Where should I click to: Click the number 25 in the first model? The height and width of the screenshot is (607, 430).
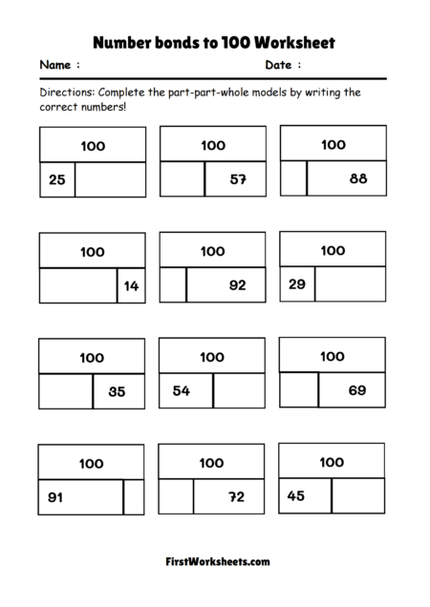click(56, 179)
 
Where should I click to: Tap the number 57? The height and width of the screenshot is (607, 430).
click(238, 179)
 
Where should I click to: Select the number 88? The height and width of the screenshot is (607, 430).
click(358, 178)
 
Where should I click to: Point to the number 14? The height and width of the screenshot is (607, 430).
click(132, 285)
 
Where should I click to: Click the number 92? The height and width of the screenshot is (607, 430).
click(238, 284)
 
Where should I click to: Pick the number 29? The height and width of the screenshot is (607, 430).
click(296, 283)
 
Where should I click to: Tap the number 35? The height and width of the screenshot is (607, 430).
click(117, 390)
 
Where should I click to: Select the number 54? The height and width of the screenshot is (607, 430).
click(181, 390)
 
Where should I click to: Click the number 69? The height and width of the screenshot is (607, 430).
click(357, 389)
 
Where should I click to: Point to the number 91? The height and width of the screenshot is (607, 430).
click(56, 496)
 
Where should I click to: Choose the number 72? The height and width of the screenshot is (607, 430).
click(238, 496)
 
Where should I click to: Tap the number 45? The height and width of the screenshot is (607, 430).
click(296, 494)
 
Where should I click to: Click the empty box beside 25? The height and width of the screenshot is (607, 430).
click(110, 179)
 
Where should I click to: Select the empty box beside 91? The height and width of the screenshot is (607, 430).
click(134, 496)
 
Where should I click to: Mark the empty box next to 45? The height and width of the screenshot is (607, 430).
click(358, 494)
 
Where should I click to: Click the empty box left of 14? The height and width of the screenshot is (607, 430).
click(78, 285)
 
